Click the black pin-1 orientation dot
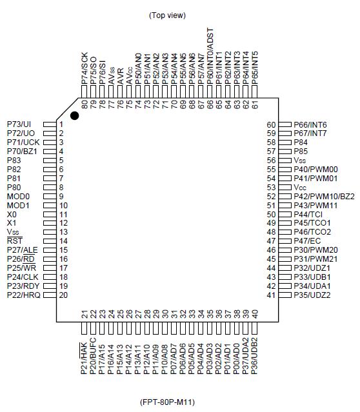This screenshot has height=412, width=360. (75, 115)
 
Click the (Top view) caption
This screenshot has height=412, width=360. (167, 15)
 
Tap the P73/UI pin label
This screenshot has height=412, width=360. (19, 124)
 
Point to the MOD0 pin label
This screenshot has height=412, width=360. (18, 196)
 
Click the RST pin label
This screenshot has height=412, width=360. (15, 240)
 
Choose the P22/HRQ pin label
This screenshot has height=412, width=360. (22, 295)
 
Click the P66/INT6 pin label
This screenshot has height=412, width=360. (310, 124)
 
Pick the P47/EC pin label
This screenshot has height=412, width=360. (306, 240)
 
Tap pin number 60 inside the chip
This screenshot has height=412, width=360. (271, 124)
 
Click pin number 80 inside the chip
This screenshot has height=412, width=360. (85, 103)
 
